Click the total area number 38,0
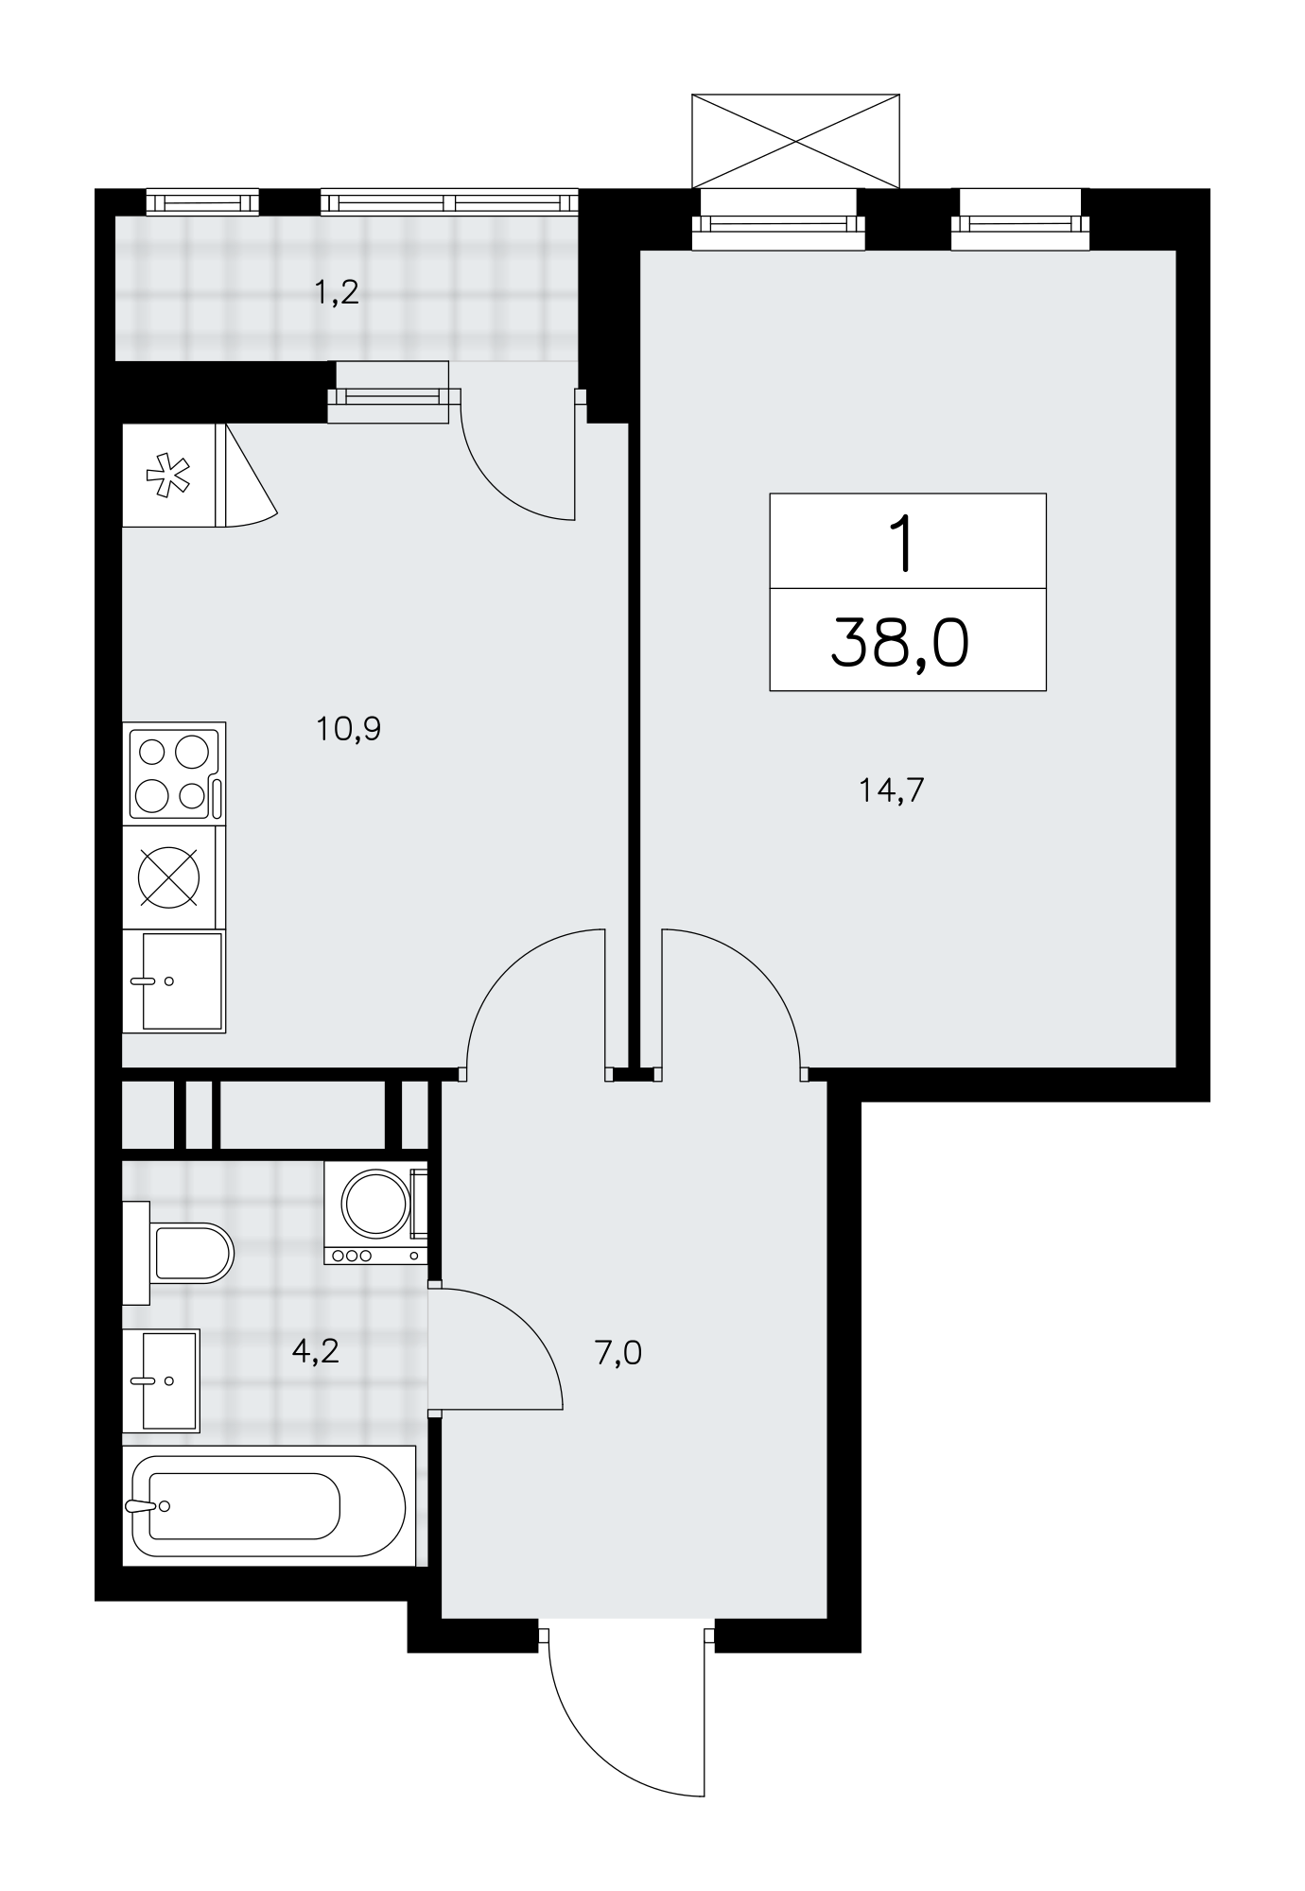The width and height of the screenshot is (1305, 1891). coord(899,644)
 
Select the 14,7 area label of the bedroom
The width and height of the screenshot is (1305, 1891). coord(891,789)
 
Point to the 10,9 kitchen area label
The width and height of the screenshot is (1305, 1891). coord(349,729)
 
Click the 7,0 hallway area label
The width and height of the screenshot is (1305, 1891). coord(618,1353)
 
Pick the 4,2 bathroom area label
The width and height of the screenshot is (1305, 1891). coord(315,1351)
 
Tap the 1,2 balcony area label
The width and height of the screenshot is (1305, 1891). coord(337,293)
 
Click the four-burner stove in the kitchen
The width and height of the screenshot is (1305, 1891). coord(175,774)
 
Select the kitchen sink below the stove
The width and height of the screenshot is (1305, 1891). coord(175,980)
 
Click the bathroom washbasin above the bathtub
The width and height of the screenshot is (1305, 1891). coord(162,1380)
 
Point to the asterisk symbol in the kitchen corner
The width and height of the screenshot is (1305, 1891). coord(167,476)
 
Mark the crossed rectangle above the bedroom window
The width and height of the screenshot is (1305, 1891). coord(796,141)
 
